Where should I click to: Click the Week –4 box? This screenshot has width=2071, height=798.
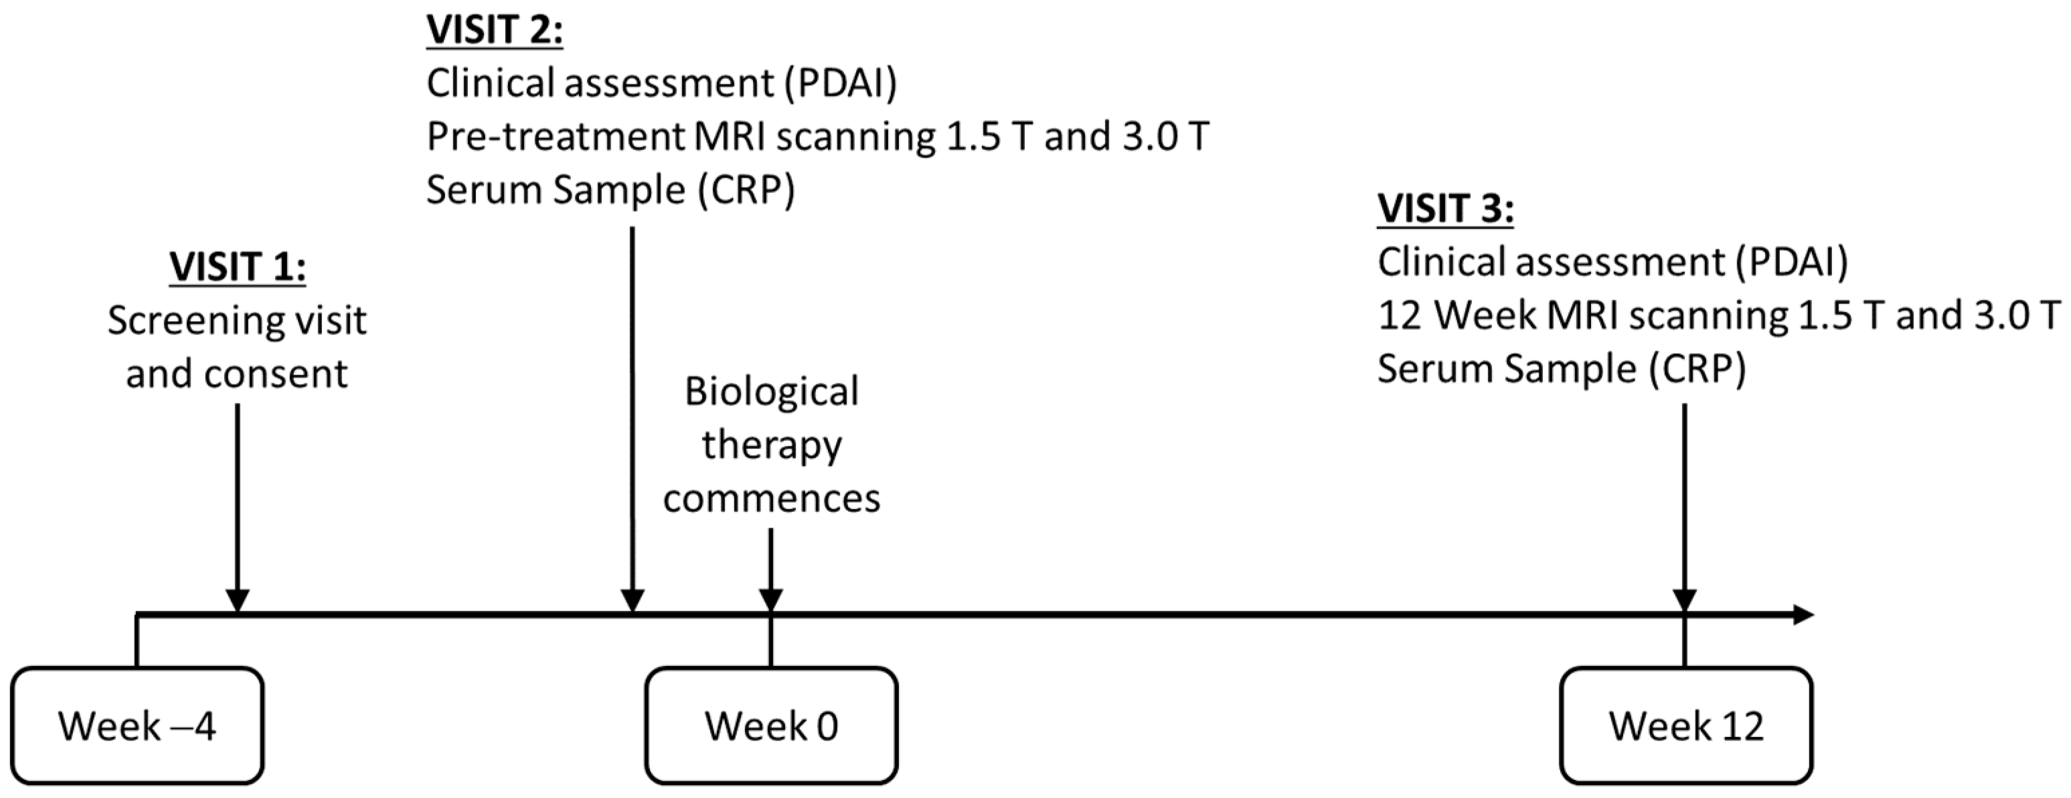(137, 726)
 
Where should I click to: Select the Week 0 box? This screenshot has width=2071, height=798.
(771, 726)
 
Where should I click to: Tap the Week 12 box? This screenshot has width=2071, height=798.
(1686, 726)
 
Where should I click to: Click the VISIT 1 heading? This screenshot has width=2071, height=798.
(237, 267)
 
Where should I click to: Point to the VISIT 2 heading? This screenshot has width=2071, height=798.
(493, 31)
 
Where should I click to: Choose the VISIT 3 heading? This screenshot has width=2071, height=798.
(1444, 209)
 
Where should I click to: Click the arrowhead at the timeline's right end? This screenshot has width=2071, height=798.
(1803, 615)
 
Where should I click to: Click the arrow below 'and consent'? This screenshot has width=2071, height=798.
(237, 507)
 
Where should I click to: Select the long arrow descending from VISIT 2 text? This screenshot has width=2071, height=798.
(633, 418)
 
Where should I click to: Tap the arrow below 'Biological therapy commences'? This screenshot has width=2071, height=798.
(771, 567)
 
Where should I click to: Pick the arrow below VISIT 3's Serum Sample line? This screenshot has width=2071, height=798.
(1684, 507)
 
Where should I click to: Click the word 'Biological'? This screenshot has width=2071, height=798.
(771, 393)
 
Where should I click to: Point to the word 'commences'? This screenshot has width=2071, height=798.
(771, 498)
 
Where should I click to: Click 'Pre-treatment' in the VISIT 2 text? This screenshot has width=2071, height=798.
(555, 137)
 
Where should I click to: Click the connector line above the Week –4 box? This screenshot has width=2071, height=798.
(137, 641)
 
